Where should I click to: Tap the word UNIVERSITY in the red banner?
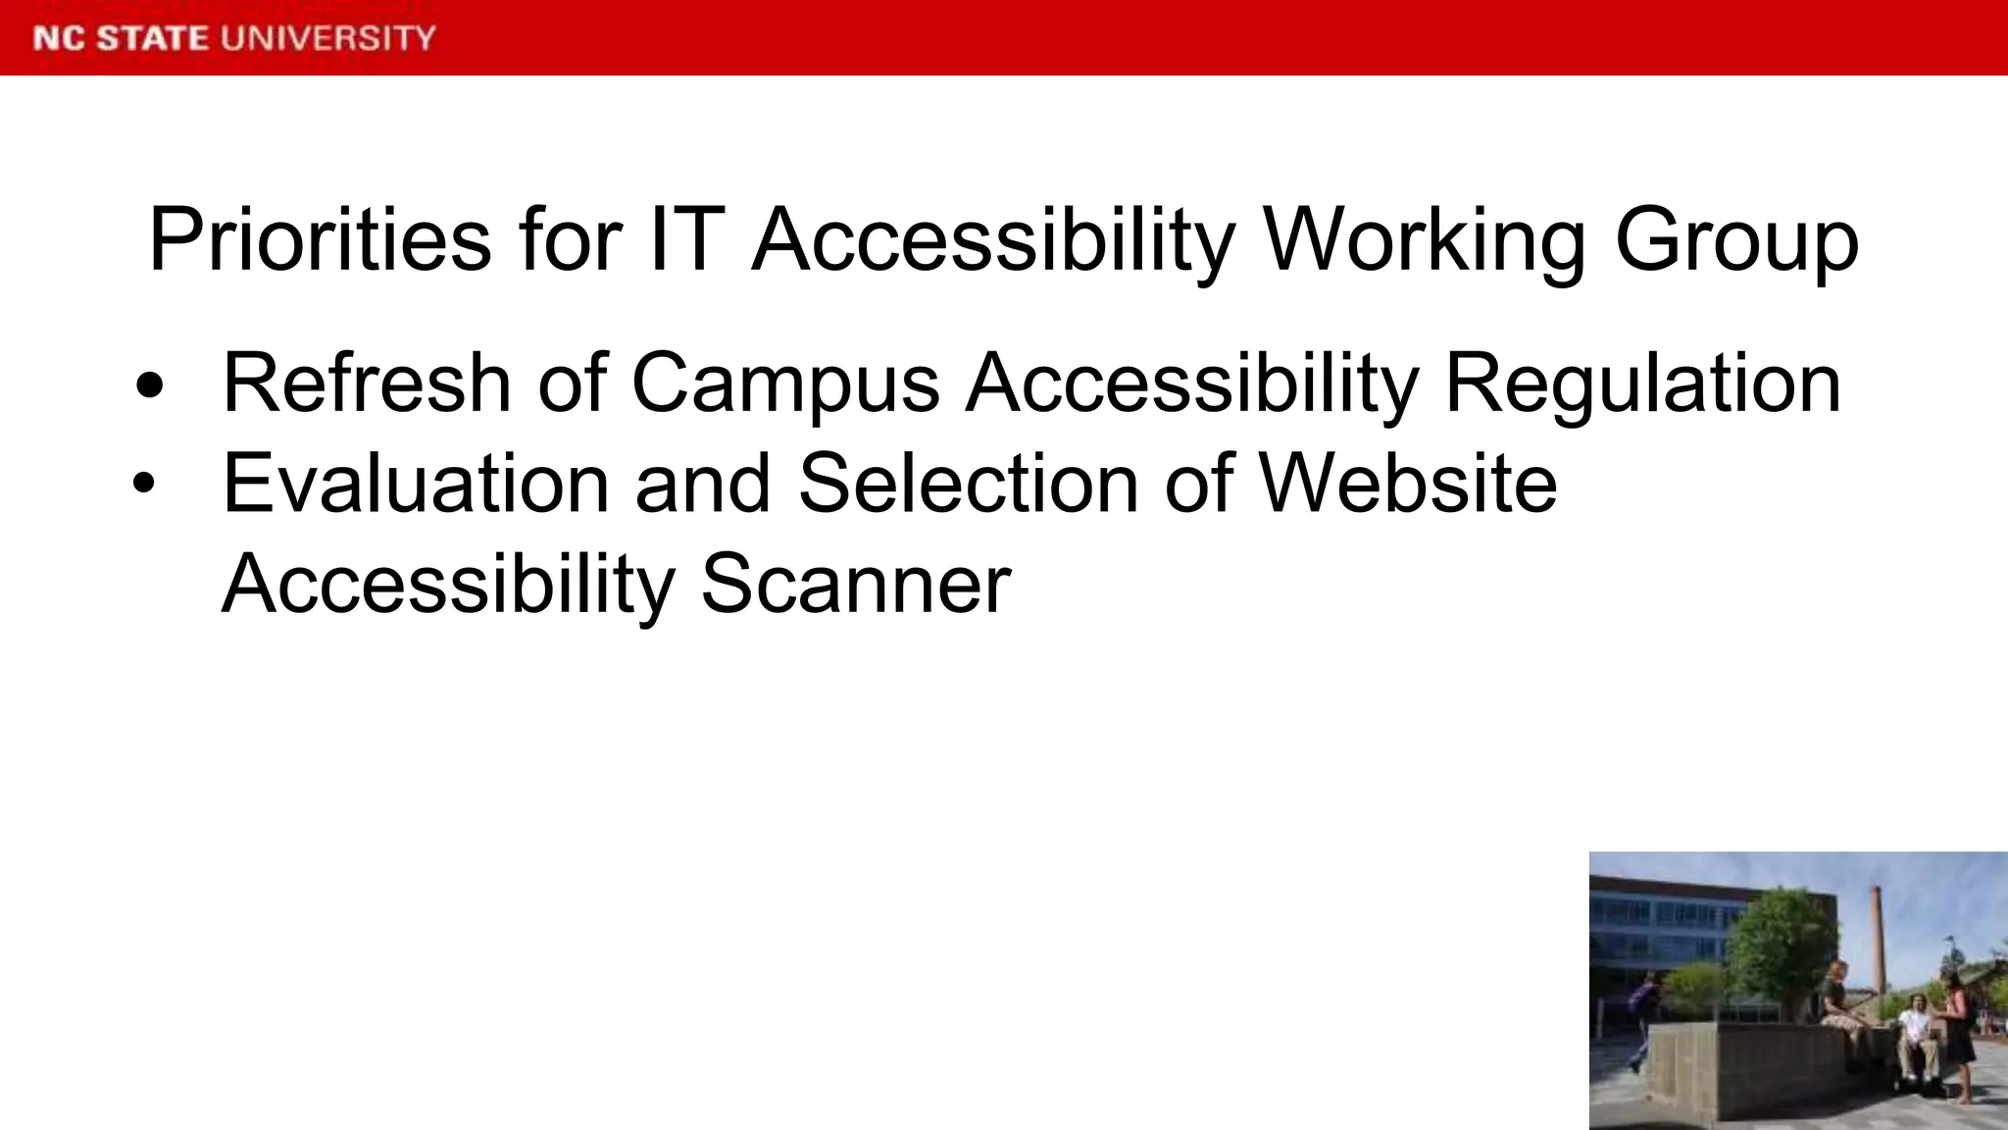[x=328, y=38]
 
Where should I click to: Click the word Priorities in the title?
[x=320, y=239]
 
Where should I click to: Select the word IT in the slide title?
[x=686, y=239]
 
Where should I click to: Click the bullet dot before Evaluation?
[x=145, y=484]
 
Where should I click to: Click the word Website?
[x=1408, y=484]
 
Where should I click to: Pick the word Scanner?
[x=856, y=584]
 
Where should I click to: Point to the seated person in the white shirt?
[x=1914, y=1040]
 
